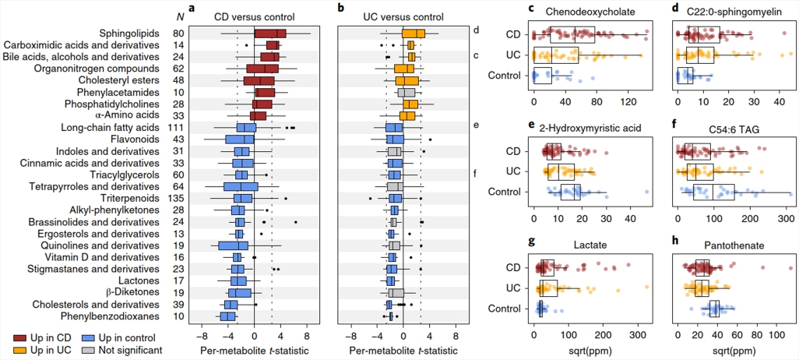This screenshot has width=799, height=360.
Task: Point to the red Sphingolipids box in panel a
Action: click(x=270, y=34)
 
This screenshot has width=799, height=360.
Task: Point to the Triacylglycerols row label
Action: click(x=139, y=175)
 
